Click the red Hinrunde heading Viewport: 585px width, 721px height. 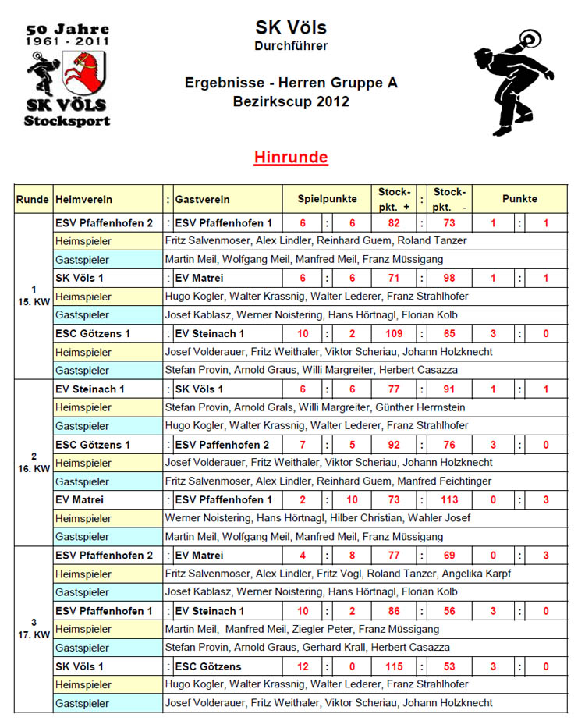[291, 158]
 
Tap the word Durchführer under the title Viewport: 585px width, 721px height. [291, 46]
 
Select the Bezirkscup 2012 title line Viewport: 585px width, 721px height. [291, 101]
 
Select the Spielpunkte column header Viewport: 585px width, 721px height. [327, 199]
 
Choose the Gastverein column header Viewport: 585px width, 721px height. [203, 200]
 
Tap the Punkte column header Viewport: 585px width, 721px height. [519, 199]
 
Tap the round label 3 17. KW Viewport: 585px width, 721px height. [34, 628]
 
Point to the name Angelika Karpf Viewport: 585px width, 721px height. [478, 574]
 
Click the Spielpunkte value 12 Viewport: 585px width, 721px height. [303, 666]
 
